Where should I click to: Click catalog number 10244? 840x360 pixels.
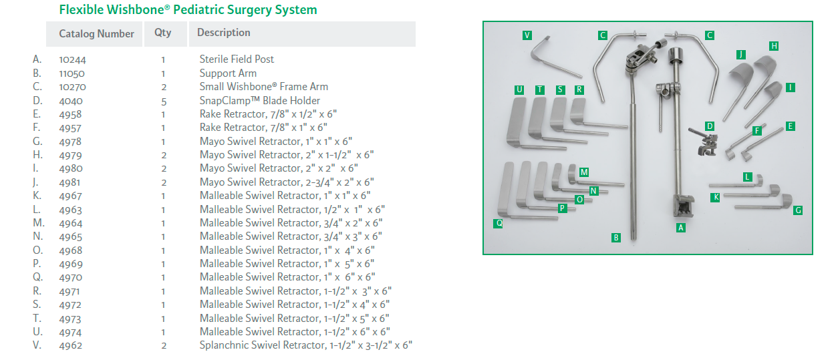tap(72, 59)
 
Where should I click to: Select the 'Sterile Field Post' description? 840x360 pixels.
tap(237, 59)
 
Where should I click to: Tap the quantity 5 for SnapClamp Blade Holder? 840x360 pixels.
tap(163, 101)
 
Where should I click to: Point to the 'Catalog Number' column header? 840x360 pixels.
tap(96, 33)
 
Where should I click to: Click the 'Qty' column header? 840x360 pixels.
tap(162, 33)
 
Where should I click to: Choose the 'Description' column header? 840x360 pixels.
tap(224, 33)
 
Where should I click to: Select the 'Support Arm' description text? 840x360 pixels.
tap(228, 73)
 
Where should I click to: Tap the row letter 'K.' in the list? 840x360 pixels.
tap(37, 196)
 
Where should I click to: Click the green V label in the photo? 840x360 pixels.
tap(527, 35)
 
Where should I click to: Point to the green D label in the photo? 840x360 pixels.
tap(710, 126)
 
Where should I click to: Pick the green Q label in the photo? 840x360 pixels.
tap(499, 224)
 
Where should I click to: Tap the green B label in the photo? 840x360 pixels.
tap(616, 237)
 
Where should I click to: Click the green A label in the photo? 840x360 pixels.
tap(681, 227)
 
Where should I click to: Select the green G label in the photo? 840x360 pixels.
tap(798, 210)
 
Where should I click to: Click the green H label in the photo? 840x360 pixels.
tap(774, 46)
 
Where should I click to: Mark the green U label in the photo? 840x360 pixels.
tap(519, 89)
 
